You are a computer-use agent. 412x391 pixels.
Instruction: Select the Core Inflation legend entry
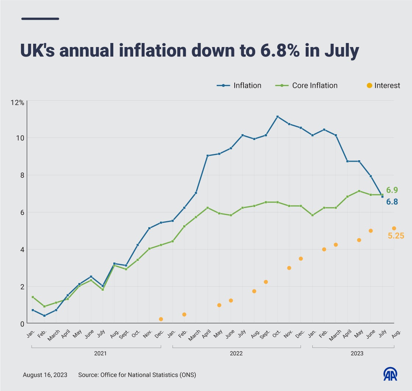[306, 86]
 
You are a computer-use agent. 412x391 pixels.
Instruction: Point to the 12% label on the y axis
[17, 103]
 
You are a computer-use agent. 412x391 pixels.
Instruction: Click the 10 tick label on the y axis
[20, 138]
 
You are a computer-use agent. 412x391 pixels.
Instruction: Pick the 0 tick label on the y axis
[22, 324]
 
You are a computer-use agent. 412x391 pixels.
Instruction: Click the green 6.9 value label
[392, 190]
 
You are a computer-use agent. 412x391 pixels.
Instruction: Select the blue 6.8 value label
[392, 201]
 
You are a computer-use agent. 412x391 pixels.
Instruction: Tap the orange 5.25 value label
[396, 236]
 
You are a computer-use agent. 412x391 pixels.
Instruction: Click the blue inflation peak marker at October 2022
[278, 117]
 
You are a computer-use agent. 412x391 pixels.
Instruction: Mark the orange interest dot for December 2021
[161, 319]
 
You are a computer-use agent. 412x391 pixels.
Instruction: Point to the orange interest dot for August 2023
[394, 229]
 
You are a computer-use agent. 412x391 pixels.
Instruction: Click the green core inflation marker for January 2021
[33, 297]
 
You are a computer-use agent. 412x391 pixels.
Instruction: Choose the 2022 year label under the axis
[236, 354]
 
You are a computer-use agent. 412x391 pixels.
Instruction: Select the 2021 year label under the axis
[100, 354]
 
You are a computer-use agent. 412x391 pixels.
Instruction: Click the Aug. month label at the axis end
[396, 334]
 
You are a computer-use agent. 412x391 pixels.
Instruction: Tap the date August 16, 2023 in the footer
[45, 375]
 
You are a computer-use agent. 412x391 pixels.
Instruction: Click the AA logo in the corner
[390, 374]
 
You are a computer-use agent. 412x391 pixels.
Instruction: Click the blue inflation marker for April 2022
[207, 156]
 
